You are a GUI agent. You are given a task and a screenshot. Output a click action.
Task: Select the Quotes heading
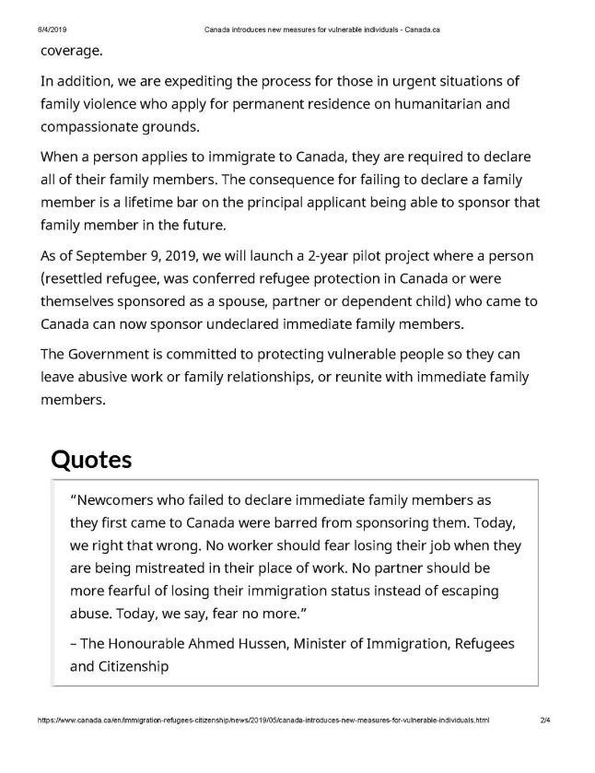[91, 459]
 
